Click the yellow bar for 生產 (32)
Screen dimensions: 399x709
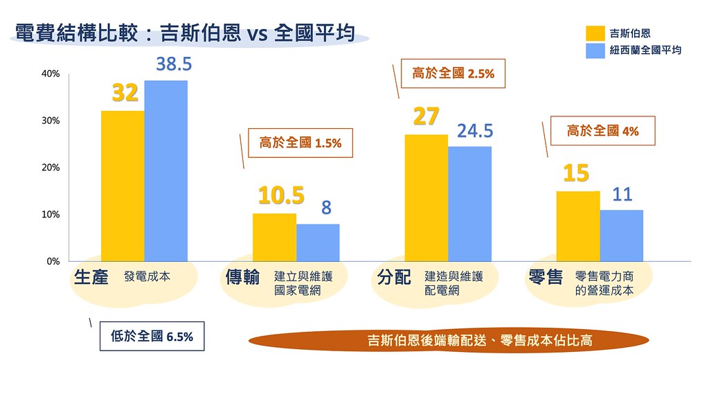click(x=123, y=186)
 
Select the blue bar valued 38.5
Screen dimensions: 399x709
click(x=165, y=171)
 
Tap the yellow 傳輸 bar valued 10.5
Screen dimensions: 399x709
click(x=274, y=237)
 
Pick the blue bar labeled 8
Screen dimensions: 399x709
click(x=318, y=242)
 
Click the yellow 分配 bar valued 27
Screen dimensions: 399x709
click(x=426, y=197)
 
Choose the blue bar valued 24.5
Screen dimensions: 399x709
click(x=469, y=204)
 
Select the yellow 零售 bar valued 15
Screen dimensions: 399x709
click(x=577, y=226)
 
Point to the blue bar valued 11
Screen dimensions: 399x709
click(x=621, y=236)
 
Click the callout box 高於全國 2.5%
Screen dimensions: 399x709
click(x=454, y=73)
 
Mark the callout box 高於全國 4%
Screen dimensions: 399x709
click(x=602, y=130)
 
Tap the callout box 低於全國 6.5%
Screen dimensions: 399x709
click(x=152, y=337)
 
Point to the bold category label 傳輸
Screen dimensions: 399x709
click(x=243, y=278)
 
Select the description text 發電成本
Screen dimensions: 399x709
click(x=147, y=276)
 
